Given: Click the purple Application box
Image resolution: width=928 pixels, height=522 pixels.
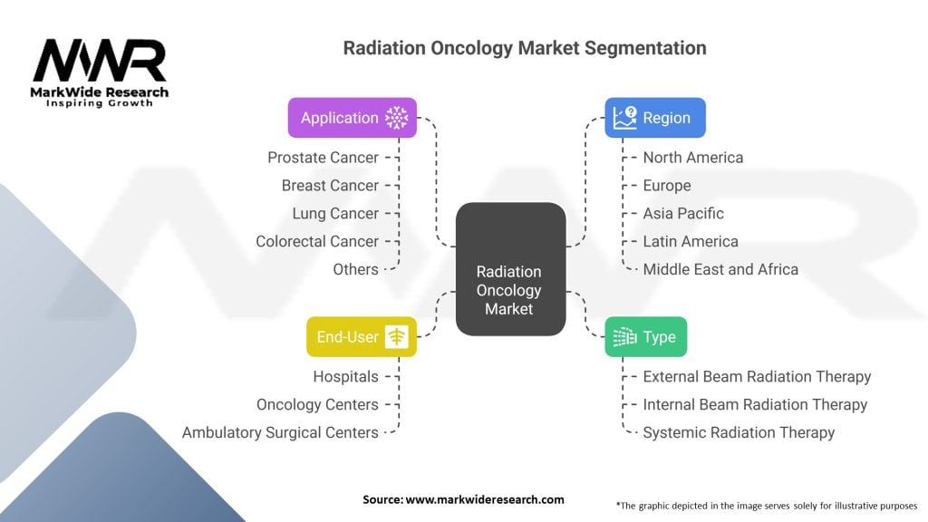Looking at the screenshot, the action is (x=353, y=118).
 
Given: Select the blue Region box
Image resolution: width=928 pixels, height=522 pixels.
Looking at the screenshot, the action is (x=655, y=118).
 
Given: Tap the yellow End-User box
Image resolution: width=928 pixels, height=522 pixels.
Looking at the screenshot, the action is (x=362, y=337).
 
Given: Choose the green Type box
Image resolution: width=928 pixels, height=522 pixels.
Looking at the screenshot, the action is (x=645, y=337).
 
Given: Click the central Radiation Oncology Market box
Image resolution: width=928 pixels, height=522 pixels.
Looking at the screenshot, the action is (x=511, y=269).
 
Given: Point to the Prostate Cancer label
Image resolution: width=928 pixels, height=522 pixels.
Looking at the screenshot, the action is (x=324, y=158).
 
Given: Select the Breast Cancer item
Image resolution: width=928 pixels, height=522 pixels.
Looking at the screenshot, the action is (x=330, y=185).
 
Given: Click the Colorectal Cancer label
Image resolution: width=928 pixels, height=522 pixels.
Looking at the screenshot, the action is (x=317, y=241).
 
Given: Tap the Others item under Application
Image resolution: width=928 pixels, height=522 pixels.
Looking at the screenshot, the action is (x=355, y=269).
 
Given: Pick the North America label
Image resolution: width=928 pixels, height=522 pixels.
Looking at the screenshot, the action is (x=693, y=158).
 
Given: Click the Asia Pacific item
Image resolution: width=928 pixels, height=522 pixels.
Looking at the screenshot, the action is (x=683, y=214).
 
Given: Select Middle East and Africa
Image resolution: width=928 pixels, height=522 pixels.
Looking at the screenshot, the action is (x=720, y=269).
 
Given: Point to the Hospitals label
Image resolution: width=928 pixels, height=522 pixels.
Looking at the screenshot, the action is (x=345, y=376).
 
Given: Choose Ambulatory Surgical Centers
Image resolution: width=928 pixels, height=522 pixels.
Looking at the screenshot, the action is (x=280, y=432).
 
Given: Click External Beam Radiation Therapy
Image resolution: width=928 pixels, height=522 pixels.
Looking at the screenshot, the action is (x=757, y=376).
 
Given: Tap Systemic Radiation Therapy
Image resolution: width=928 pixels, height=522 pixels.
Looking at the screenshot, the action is (x=739, y=432).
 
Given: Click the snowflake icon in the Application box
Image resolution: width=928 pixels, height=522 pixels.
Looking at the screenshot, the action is (x=397, y=118).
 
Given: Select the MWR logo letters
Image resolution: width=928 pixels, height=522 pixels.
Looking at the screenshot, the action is (x=100, y=61).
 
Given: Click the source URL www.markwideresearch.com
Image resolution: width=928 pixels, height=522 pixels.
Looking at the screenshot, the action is (x=485, y=499).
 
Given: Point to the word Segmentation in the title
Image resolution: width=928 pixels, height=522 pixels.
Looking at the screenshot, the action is (x=645, y=49).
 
